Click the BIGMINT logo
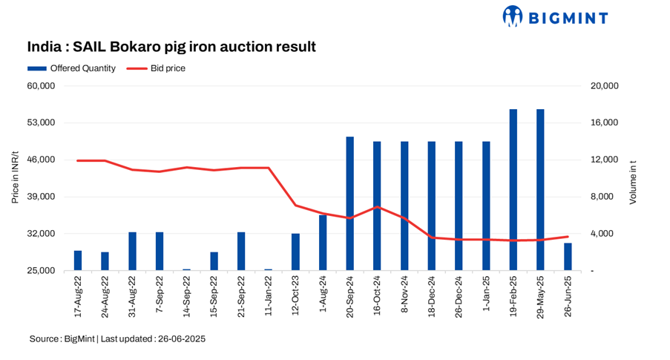(x=555, y=16)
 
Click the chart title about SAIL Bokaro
(x=171, y=47)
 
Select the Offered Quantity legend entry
(x=71, y=68)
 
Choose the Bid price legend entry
(x=157, y=68)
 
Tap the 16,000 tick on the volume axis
(x=605, y=123)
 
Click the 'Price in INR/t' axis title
(x=15, y=178)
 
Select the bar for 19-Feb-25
(x=513, y=190)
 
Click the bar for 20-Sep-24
(x=349, y=203)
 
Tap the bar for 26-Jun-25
(x=568, y=257)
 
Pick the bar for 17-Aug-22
(x=78, y=261)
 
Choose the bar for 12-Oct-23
(x=295, y=252)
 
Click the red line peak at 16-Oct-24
(x=377, y=207)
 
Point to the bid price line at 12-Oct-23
(x=295, y=206)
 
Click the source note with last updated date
(x=117, y=338)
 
